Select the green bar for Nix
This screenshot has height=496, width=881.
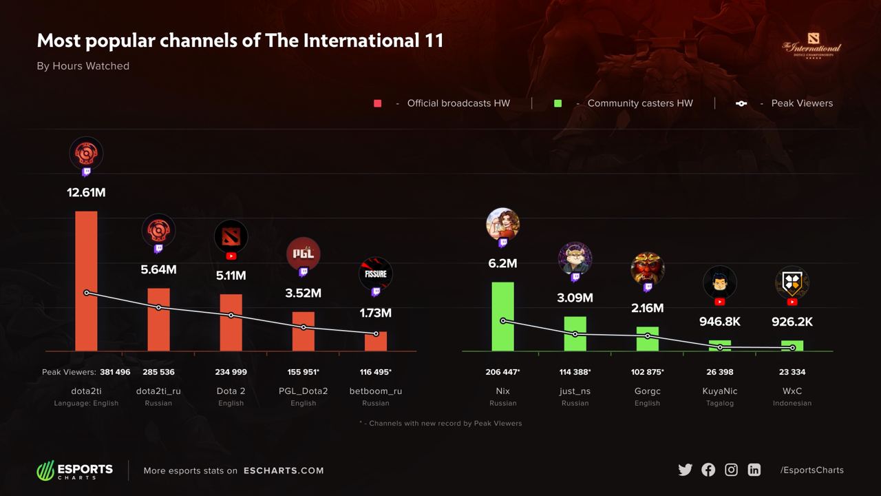pyautogui.click(x=503, y=316)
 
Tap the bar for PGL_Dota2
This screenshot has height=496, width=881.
pyautogui.click(x=304, y=331)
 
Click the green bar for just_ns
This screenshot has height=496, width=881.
pyautogui.click(x=575, y=334)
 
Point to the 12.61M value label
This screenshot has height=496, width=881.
pyautogui.click(x=86, y=193)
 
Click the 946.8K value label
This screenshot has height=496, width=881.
pyautogui.click(x=720, y=322)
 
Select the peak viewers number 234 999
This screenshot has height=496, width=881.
pyautogui.click(x=231, y=372)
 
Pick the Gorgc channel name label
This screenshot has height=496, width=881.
pyautogui.click(x=648, y=391)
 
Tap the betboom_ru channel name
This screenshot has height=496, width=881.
pyautogui.click(x=376, y=391)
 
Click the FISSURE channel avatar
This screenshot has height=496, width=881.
pyautogui.click(x=376, y=273)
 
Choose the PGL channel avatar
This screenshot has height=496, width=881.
pyautogui.click(x=304, y=254)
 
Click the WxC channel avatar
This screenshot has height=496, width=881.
pyautogui.click(x=792, y=282)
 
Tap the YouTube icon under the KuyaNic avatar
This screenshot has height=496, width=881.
pyautogui.click(x=720, y=302)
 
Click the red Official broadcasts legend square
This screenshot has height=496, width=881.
pyautogui.click(x=377, y=103)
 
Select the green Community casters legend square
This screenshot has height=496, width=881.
pyautogui.click(x=558, y=103)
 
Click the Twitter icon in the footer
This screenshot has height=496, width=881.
pyautogui.click(x=685, y=470)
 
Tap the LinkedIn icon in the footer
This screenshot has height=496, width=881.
pyautogui.click(x=754, y=470)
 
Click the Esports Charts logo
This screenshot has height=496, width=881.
pyautogui.click(x=75, y=471)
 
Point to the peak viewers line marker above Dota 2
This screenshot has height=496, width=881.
pyautogui.click(x=231, y=316)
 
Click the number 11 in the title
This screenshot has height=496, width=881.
pyautogui.click(x=434, y=41)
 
